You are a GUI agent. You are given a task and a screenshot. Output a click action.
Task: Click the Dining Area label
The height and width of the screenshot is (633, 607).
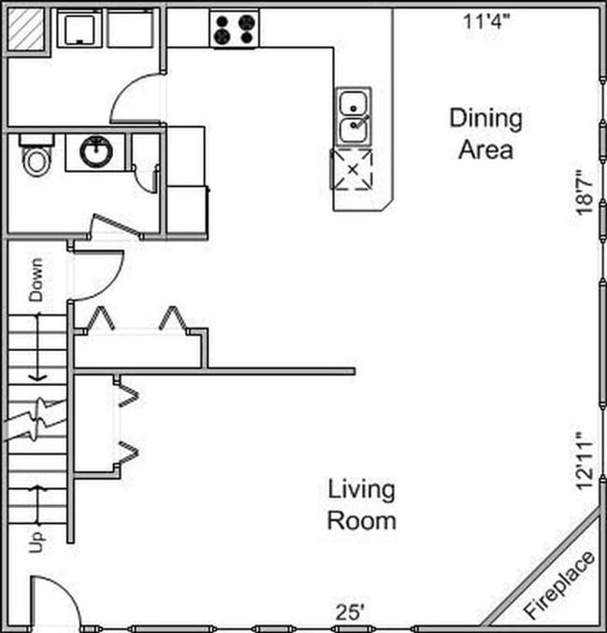(x=485, y=134)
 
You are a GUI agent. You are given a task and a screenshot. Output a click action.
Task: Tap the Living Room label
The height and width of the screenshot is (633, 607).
(x=360, y=504)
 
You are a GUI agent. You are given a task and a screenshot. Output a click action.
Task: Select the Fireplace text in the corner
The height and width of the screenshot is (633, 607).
(x=559, y=585)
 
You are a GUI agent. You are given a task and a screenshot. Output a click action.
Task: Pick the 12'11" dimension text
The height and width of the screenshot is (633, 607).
(x=584, y=460)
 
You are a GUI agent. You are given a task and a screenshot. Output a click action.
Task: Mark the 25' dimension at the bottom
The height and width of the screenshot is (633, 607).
(x=350, y=612)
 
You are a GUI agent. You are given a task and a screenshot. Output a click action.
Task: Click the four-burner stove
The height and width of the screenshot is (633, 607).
(x=234, y=29)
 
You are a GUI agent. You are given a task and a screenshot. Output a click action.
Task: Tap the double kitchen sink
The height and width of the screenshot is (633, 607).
(x=354, y=116)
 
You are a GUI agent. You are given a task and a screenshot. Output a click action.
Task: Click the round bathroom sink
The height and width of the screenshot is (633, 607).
(x=95, y=152)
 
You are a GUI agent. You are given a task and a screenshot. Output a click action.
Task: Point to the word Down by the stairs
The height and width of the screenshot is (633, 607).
(x=35, y=279)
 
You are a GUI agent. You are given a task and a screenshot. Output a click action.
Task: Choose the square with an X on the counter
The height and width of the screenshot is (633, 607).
(x=352, y=168)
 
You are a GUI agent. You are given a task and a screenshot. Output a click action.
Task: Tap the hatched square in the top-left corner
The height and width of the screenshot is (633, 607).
(x=25, y=29)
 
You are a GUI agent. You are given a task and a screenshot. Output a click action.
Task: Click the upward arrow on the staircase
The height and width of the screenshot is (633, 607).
(x=37, y=504)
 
